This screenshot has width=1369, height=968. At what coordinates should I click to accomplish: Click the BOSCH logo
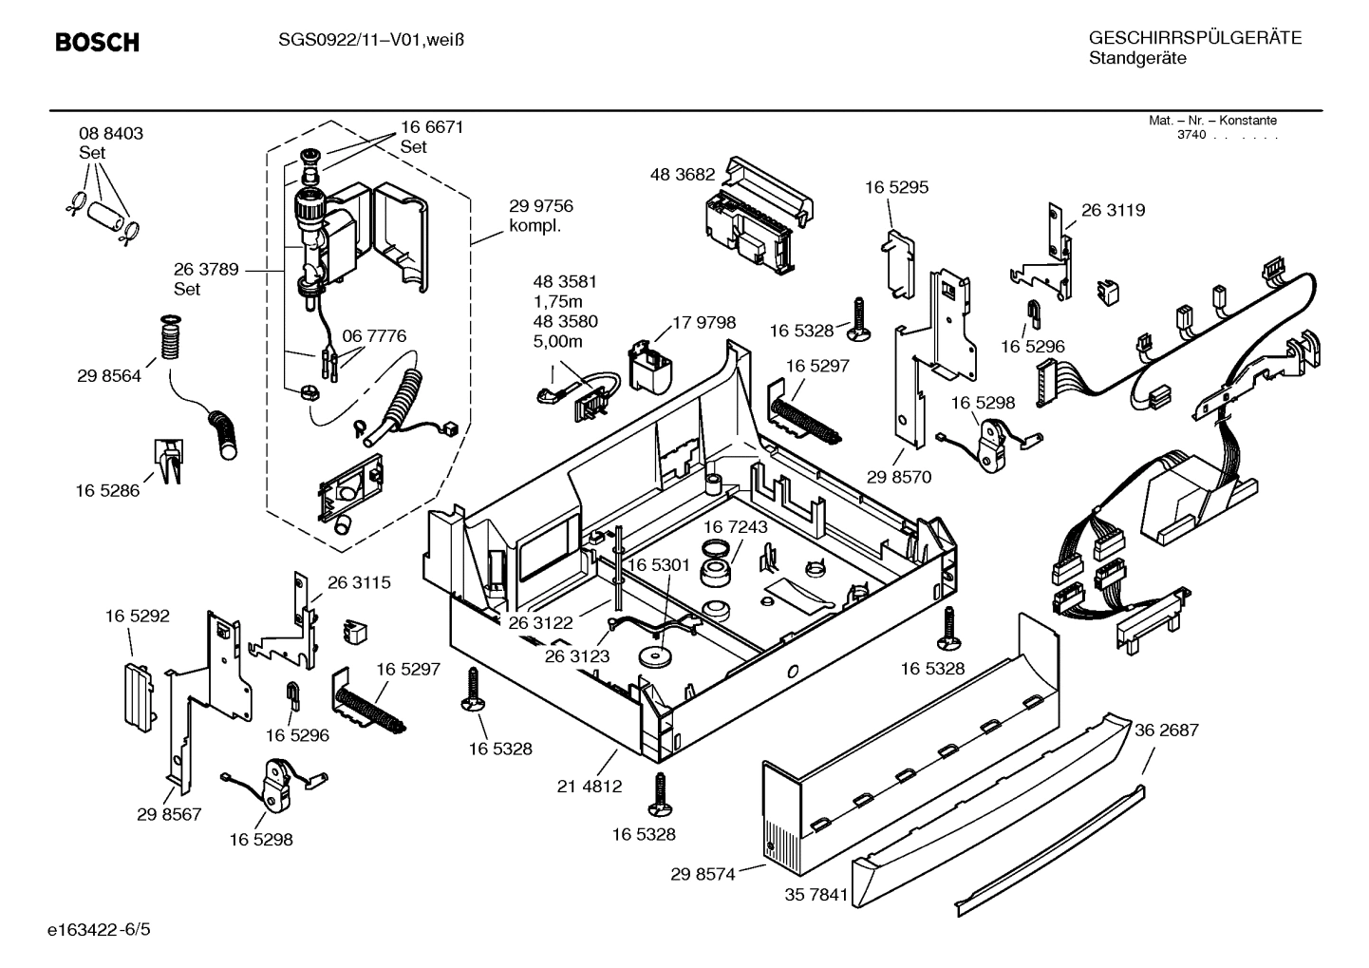point(97,43)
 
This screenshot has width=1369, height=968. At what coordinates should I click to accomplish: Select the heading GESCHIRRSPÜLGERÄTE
point(1194,38)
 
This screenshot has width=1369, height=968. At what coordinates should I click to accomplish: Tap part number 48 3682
point(682,175)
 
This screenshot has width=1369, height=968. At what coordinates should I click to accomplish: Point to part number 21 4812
point(590,786)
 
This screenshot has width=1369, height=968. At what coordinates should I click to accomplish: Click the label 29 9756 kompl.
point(541,215)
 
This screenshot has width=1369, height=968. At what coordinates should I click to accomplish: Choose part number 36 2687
point(1167,731)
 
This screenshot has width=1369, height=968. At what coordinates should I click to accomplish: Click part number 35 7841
point(816,895)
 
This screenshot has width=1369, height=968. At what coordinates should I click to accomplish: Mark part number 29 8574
point(703,874)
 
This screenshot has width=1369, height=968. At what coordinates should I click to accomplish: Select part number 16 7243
point(736,526)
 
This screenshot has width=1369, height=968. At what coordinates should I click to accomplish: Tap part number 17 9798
point(703,323)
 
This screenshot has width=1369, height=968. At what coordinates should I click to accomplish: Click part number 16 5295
point(896,187)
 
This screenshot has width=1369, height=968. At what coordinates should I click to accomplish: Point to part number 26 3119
point(1113,210)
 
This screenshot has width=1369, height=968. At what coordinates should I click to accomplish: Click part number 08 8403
point(111,134)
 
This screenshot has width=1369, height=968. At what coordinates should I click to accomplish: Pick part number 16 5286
point(107,491)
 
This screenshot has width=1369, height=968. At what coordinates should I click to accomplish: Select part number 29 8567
point(169,814)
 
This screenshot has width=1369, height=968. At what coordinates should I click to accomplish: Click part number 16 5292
point(138,616)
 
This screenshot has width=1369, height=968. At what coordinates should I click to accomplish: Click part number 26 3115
point(359,582)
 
